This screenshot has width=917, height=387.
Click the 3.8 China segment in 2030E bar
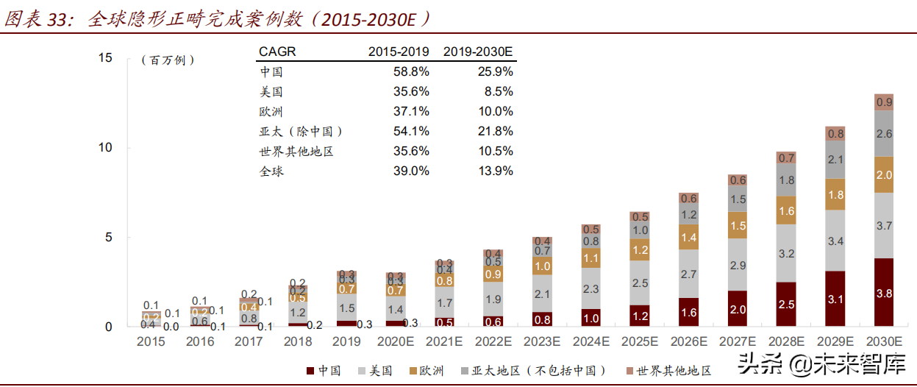coord(884,292)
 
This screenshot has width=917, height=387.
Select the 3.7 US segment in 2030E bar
coord(884,225)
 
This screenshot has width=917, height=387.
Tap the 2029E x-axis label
coord(835,341)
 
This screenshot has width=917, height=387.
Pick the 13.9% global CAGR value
coord(496,171)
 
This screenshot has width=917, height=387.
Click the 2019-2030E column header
coord(478,52)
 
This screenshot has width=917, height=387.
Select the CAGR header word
coord(278,52)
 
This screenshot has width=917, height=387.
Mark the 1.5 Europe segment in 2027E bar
coord(738,226)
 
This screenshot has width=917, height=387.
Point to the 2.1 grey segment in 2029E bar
coord(835,160)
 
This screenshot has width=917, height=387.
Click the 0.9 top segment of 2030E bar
coord(884,102)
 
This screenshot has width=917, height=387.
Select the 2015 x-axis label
coord(151,341)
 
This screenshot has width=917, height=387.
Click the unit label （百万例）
coord(168,60)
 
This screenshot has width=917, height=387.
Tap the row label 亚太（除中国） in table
coord(301,132)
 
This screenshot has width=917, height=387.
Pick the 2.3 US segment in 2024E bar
coord(590,290)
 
